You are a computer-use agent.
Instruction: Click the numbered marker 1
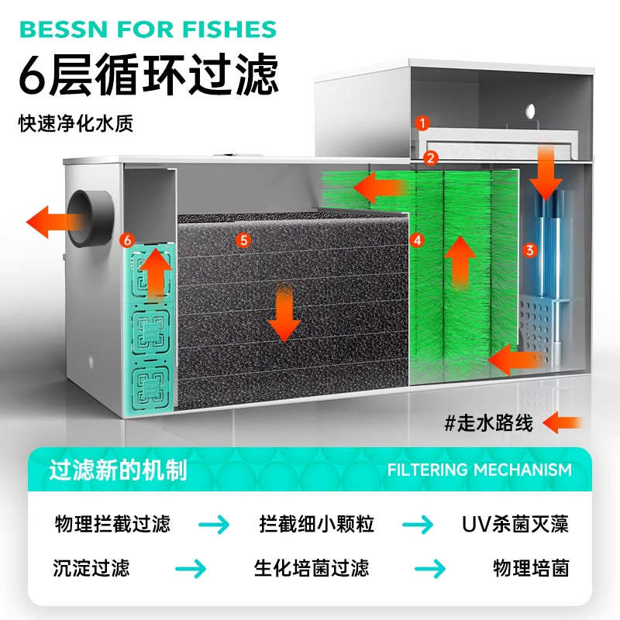click(x=422, y=122)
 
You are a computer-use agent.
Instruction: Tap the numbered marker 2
click(x=430, y=157)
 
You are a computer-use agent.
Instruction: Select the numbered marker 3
click(x=530, y=250)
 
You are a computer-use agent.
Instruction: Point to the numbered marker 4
click(x=417, y=240)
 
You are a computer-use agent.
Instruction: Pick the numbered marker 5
click(x=244, y=240)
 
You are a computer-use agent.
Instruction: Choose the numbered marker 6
click(x=129, y=239)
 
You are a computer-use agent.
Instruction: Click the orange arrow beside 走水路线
click(x=564, y=423)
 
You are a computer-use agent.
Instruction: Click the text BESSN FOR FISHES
click(x=147, y=30)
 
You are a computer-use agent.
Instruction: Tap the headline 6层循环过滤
click(x=147, y=76)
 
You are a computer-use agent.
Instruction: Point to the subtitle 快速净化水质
click(x=76, y=124)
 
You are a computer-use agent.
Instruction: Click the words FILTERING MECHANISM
click(x=480, y=470)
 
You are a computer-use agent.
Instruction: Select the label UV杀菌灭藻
click(x=515, y=524)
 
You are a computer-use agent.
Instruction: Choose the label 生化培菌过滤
click(x=312, y=568)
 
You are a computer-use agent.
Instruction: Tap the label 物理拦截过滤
click(x=112, y=524)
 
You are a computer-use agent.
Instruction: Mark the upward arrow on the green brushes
click(x=461, y=260)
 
